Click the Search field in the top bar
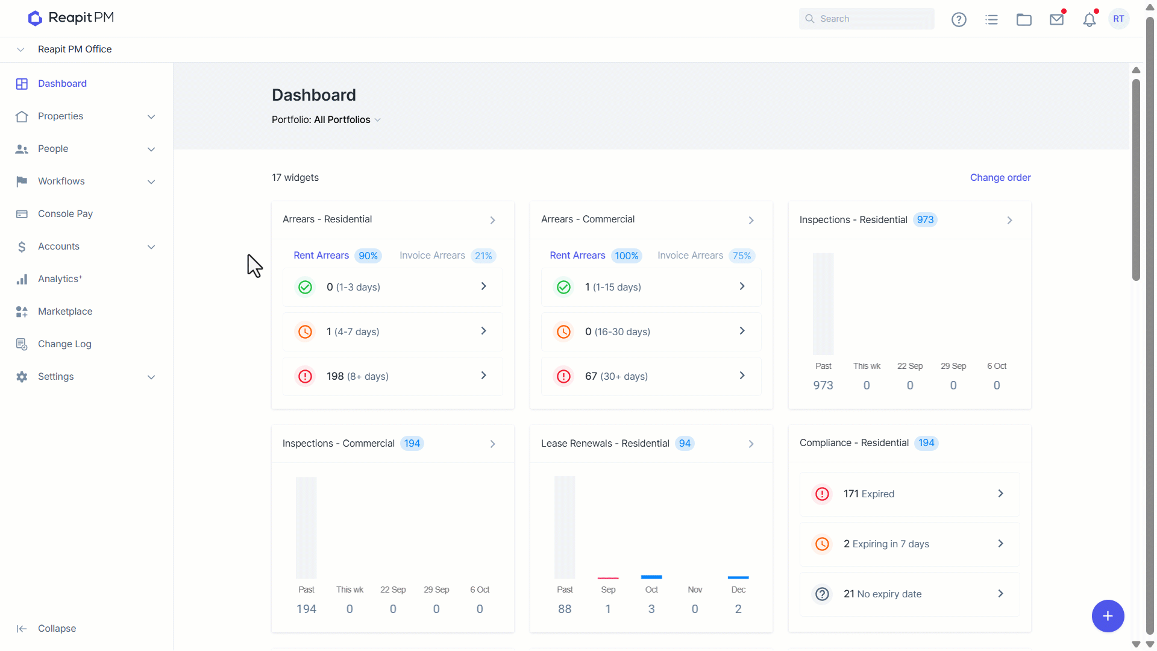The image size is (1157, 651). coord(867,19)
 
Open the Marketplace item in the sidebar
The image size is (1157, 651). coord(65,312)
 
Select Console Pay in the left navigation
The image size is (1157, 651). coord(65,214)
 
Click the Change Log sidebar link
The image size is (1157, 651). coord(64,344)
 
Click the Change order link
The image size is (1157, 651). coord(1000,178)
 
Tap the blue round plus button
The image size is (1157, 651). coord(1108,616)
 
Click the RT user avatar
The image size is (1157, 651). coord(1118,19)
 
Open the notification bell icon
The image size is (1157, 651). coord(1090,19)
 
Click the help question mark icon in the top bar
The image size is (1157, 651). coord(959,19)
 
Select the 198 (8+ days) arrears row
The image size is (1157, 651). coord(392,377)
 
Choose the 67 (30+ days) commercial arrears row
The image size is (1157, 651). coord(651,377)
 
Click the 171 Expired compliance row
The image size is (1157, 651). coord(909,494)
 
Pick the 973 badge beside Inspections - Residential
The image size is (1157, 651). coord(925,220)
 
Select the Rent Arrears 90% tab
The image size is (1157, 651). coord(337,256)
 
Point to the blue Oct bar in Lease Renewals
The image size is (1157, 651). coord(651,577)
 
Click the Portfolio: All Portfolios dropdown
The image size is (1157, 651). coord(326,120)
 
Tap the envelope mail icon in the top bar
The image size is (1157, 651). coord(1056,19)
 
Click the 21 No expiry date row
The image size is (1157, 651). coord(909,594)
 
